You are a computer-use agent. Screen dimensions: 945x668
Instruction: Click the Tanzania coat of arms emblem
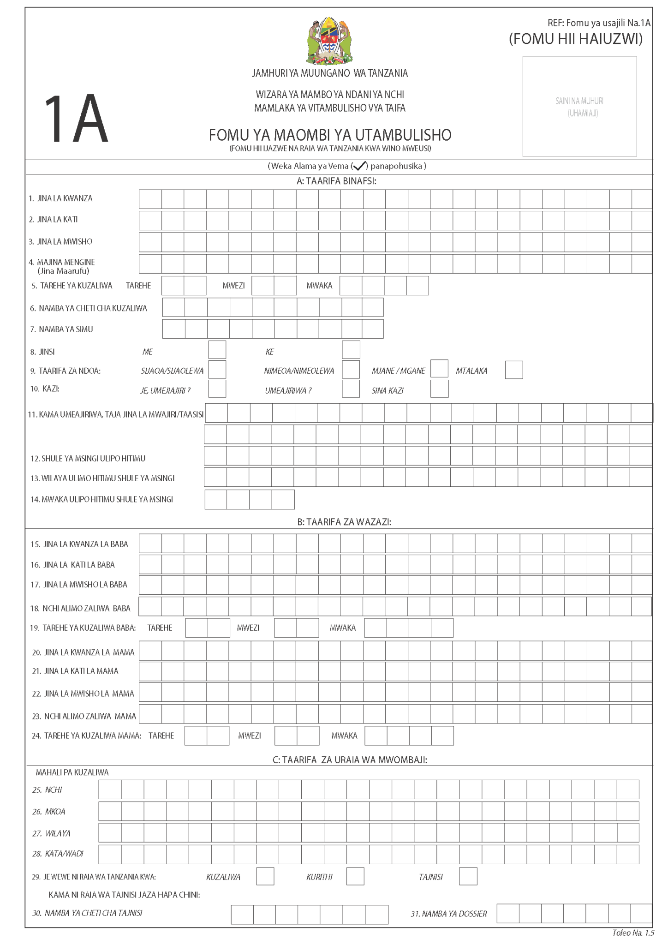pos(329,42)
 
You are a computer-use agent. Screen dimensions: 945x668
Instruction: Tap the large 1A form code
pos(76,119)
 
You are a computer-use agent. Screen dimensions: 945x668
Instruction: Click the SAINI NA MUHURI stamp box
pos(579,107)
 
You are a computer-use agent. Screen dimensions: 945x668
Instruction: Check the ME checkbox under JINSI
pos(217,350)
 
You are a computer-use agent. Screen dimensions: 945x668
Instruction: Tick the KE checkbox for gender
pos(351,350)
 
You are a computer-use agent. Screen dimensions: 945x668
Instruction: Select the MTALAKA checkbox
pos(514,370)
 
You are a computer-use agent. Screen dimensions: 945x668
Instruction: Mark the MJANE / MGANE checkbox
pos(439,369)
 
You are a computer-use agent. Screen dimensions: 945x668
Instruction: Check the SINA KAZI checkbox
pos(439,389)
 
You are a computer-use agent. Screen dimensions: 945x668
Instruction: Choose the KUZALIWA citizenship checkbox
pos(265,876)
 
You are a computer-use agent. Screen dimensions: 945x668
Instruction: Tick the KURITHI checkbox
pos(355,876)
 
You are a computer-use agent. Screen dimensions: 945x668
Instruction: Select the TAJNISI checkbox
pos(468,876)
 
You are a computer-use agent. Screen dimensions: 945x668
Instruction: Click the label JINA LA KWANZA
pos(65,198)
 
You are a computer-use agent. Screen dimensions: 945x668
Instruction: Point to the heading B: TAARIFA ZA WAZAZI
pos(344,522)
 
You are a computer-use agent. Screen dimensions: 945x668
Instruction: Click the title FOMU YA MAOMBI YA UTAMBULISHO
pos(330,135)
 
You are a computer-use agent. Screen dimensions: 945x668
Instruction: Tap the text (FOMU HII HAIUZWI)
pos(576,39)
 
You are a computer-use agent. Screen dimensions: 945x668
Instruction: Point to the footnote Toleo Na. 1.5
pos(633,933)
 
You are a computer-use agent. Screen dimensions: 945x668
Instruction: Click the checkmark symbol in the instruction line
pos(360,166)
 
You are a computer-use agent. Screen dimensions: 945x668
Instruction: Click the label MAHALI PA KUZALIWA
pos(72,772)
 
